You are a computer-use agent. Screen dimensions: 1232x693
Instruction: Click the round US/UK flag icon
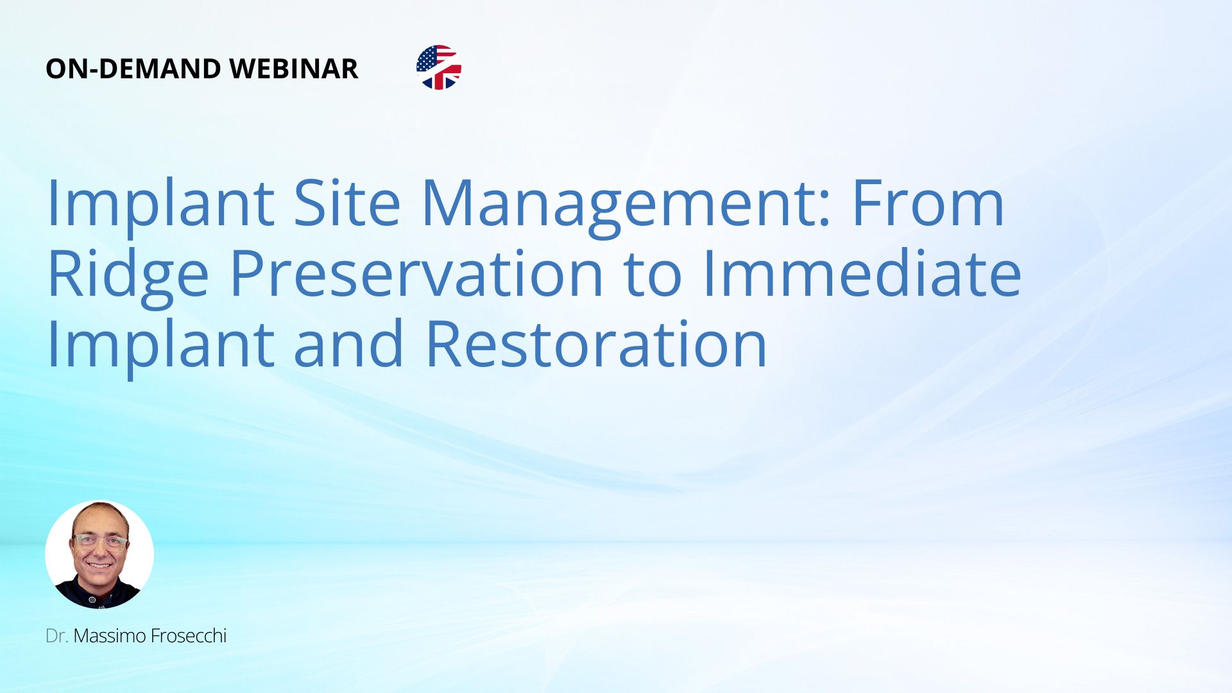tap(439, 67)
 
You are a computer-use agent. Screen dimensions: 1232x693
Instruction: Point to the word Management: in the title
tap(626, 207)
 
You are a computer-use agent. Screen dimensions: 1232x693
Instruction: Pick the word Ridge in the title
tap(128, 277)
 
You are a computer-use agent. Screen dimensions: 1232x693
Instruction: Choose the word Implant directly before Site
tap(160, 207)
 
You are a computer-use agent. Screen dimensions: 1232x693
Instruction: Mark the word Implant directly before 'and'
tap(160, 348)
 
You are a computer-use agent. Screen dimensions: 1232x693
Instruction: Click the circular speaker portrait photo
tap(99, 554)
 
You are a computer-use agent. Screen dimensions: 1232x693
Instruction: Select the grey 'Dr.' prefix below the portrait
tap(57, 636)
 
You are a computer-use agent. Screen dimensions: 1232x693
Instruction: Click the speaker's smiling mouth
tap(99, 566)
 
